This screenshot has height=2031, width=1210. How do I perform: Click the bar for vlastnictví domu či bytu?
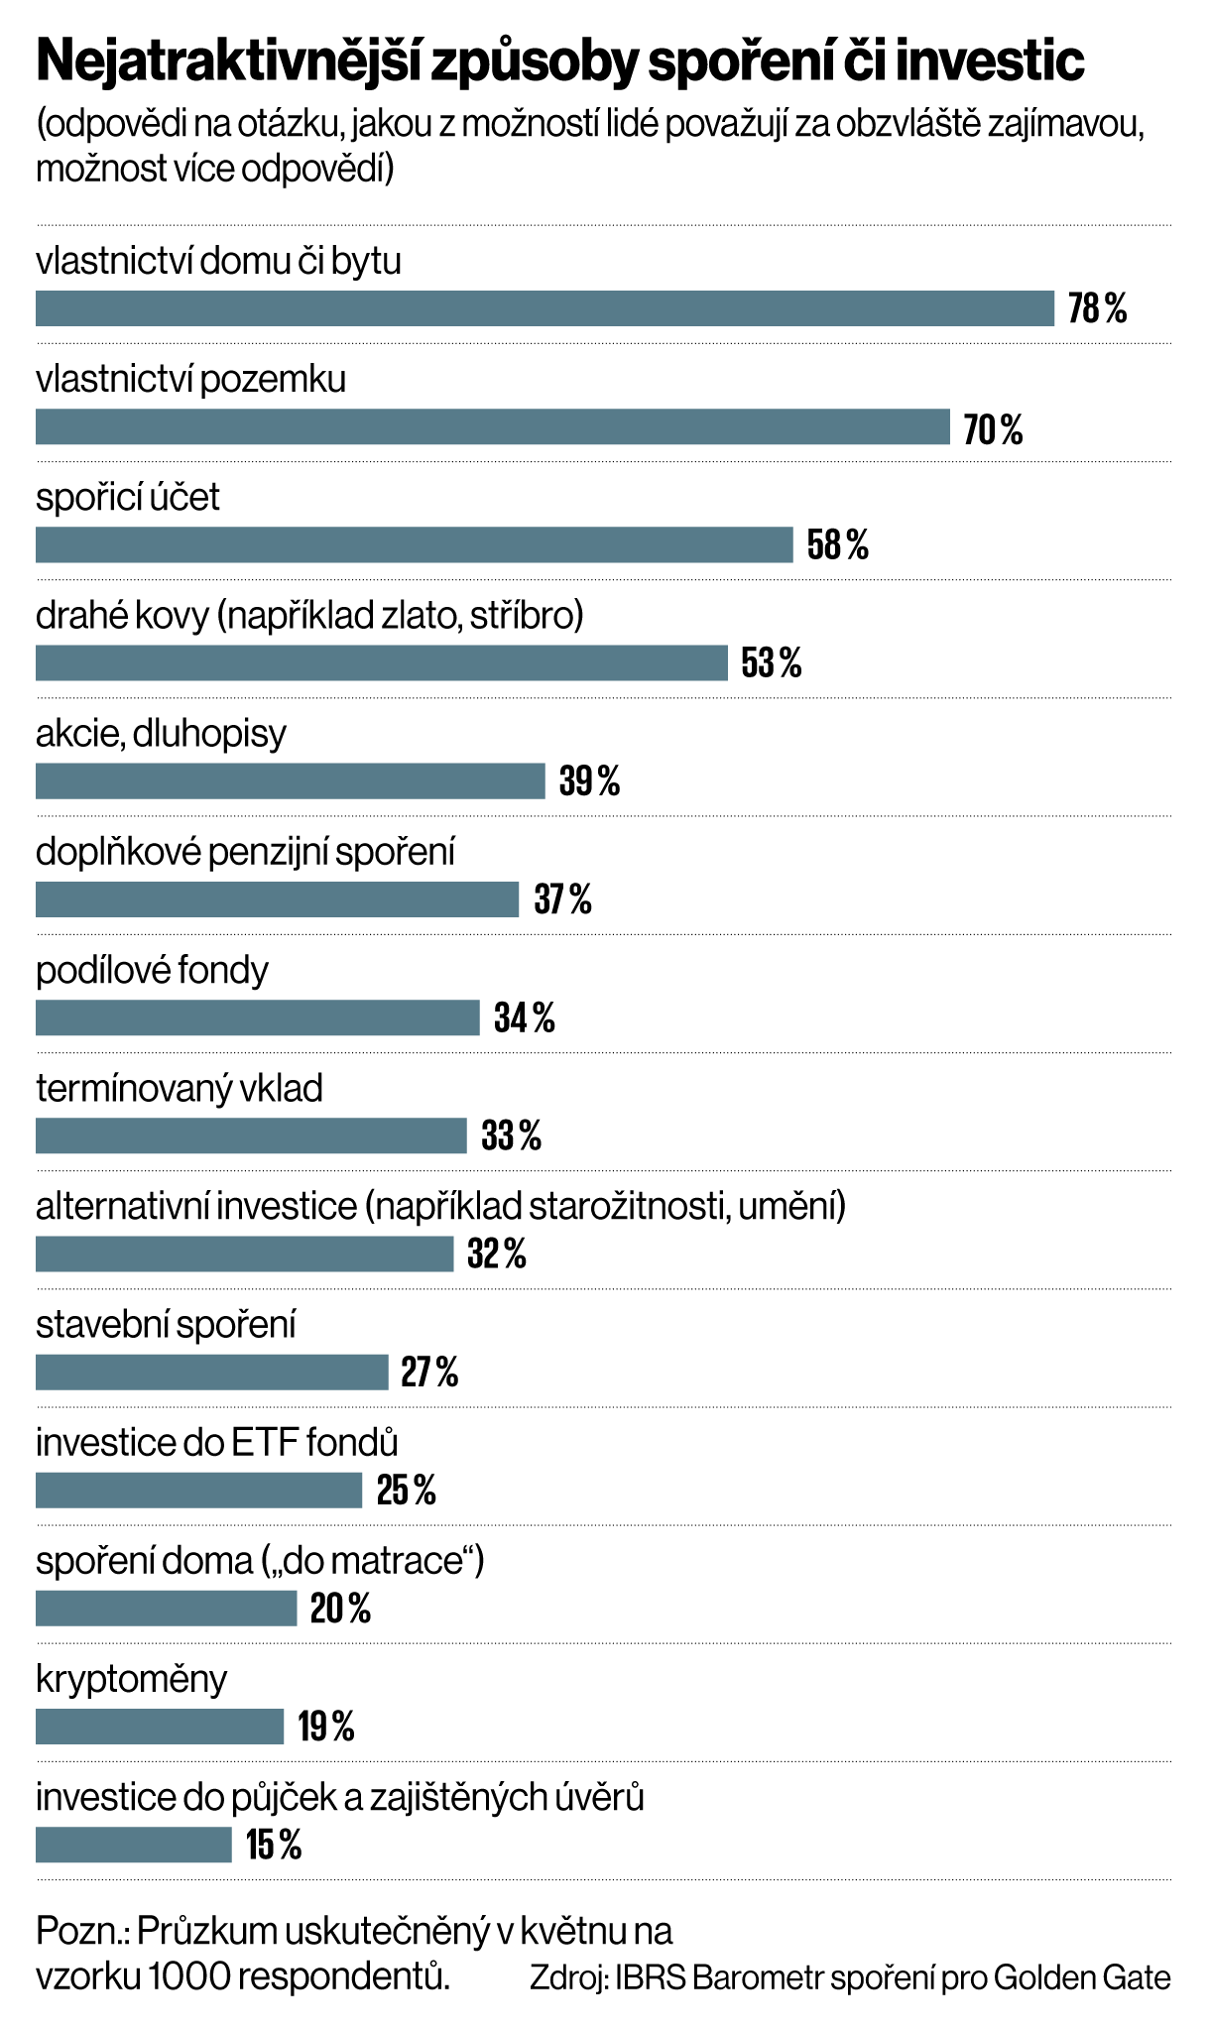544,308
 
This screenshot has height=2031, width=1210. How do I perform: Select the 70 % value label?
993,429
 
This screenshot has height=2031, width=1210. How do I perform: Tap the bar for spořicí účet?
414,544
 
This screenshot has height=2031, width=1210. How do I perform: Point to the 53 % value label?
772,662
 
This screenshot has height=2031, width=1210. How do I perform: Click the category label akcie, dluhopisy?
161,734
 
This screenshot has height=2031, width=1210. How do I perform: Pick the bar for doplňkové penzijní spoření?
277,899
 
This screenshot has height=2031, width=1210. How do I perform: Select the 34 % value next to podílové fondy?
525,1017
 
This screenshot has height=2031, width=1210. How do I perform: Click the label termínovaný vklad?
180,1089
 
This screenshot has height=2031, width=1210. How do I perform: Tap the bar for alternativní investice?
244,1254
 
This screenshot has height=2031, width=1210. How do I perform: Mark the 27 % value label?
429,1373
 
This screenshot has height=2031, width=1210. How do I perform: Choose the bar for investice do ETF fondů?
198,1491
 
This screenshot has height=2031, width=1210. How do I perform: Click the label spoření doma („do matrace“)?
260,1561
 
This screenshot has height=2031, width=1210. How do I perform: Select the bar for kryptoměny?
160,1727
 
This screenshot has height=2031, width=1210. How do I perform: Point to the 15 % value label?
274,1846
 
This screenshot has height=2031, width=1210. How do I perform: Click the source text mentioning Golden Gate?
850,1977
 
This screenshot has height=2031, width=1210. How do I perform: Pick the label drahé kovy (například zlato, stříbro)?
309,616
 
